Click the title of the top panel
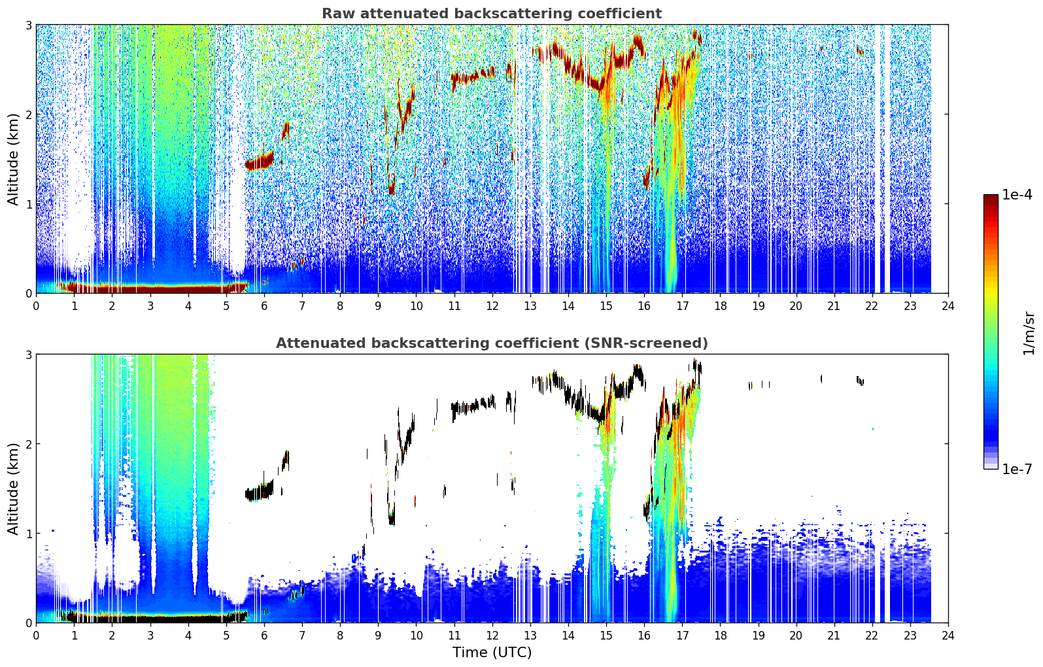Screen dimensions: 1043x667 point(492,14)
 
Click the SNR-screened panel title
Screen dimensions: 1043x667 point(492,343)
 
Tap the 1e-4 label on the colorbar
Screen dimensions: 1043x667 point(1017,195)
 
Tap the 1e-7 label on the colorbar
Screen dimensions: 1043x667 point(1017,469)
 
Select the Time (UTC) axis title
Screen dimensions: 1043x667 point(492,652)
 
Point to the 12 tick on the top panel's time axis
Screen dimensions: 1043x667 point(492,306)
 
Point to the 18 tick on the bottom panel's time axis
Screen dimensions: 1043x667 point(721,636)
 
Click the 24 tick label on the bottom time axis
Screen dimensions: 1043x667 point(948,636)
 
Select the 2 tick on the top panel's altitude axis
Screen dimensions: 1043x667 point(28,114)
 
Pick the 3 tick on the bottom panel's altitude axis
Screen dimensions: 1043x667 point(28,354)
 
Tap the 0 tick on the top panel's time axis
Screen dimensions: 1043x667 point(37,306)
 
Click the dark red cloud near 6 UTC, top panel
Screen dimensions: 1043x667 point(260,162)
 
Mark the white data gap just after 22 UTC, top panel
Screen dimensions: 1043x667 point(878,158)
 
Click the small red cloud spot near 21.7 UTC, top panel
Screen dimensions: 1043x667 point(860,51)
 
